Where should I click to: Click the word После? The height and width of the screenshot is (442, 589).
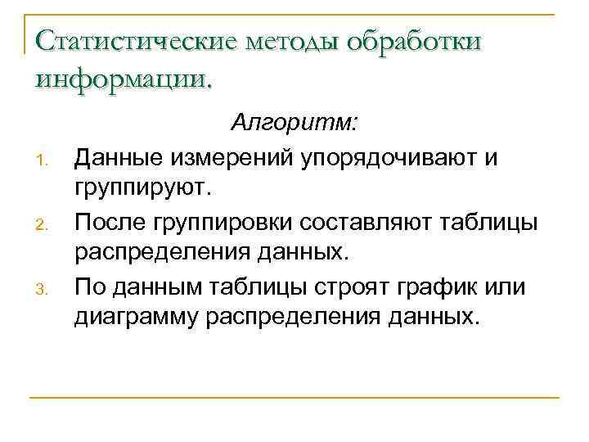[x=109, y=220]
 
